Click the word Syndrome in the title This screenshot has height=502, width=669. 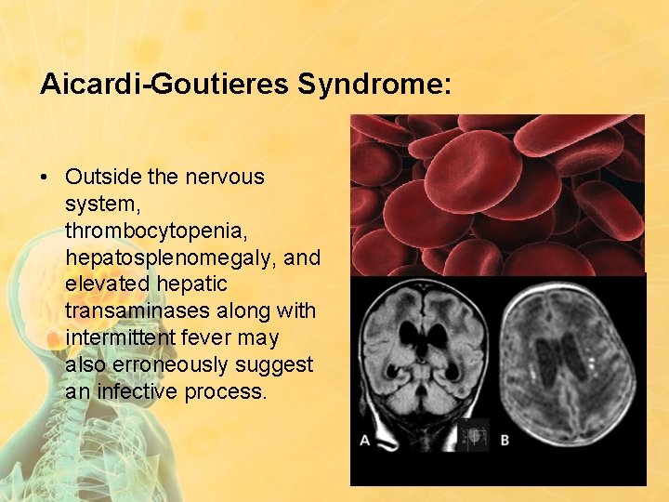point(374,84)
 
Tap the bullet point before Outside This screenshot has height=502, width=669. point(46,177)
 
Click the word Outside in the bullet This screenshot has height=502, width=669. point(101,177)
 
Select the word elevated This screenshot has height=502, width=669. point(104,283)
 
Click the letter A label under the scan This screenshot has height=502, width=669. point(364,440)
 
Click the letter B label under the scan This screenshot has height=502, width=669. point(505,440)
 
